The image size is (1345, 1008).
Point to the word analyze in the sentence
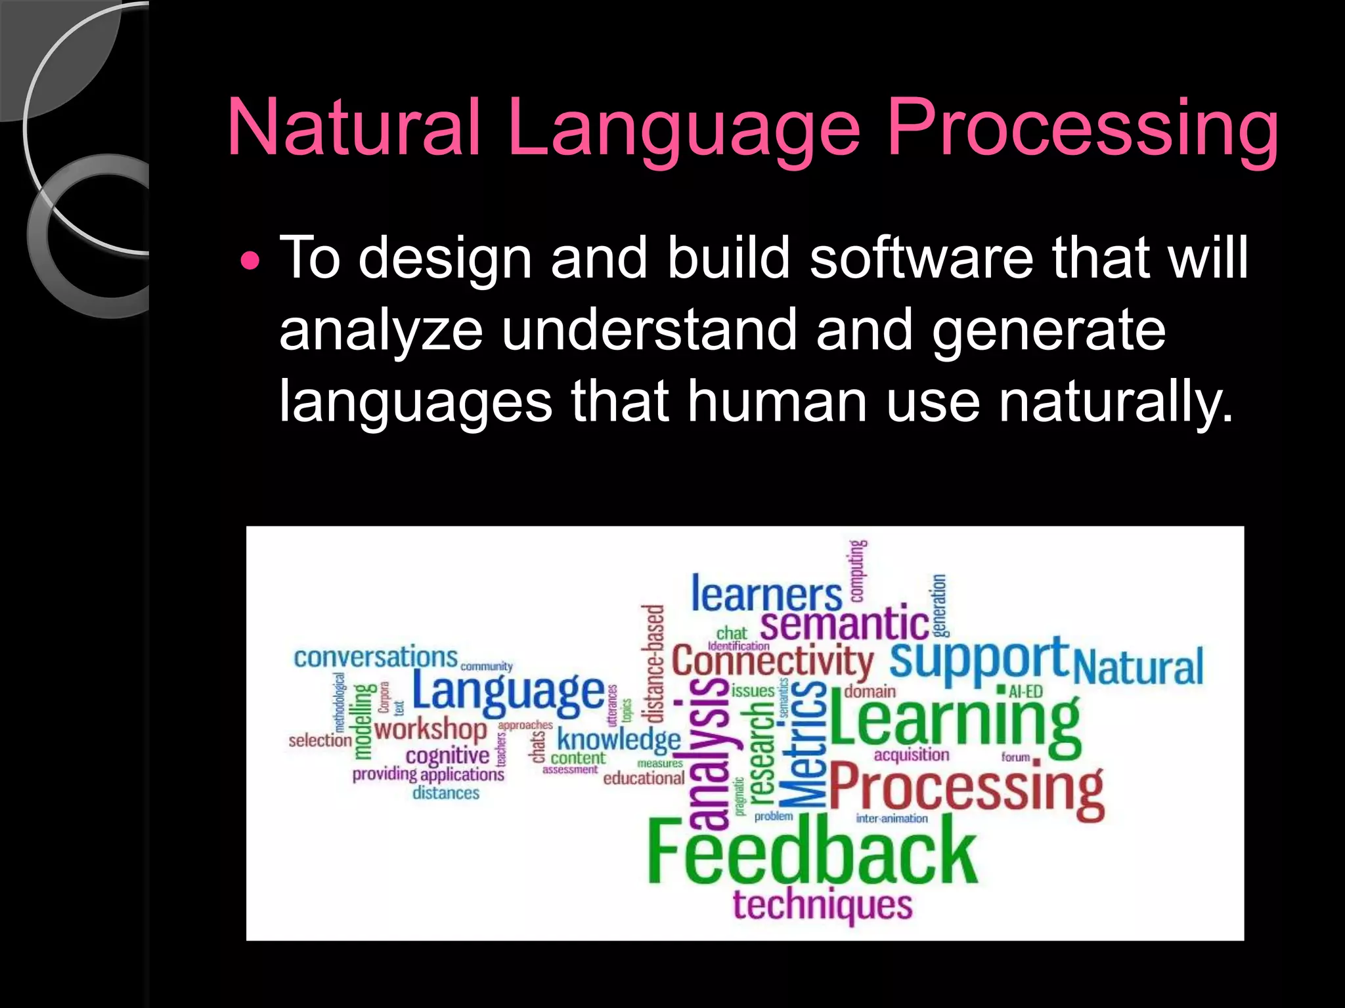381,331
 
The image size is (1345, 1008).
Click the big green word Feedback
812,852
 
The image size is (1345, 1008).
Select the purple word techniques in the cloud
822,906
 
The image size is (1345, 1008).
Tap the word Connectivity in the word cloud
772,661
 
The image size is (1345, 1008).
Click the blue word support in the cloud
979,660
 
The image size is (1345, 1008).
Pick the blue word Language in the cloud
508,692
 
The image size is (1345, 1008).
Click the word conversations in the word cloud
375,657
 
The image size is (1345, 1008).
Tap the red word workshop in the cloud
430,728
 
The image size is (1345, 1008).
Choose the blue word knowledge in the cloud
619,740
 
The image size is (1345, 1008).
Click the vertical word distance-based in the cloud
653,663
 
